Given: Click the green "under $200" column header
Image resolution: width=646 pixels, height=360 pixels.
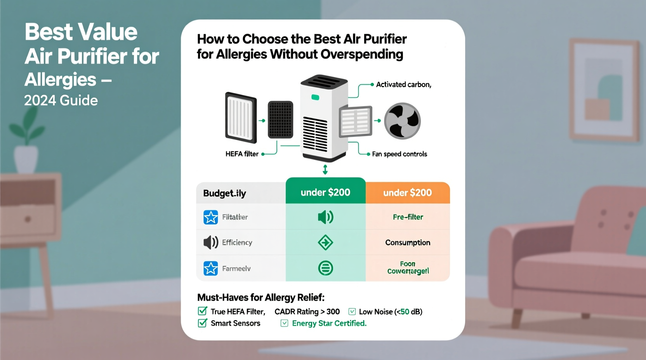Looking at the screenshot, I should [325, 192].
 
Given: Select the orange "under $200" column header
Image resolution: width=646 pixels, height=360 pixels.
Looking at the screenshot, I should [407, 193].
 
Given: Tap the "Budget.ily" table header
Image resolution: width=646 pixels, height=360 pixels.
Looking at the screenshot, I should [224, 193].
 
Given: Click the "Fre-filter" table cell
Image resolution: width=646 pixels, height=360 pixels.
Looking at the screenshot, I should [408, 217].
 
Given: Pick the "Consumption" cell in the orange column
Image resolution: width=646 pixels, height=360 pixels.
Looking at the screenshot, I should [408, 243].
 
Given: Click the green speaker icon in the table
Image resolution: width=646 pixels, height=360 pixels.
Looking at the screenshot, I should [325, 217].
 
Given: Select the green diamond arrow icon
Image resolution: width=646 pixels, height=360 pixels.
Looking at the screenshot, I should [325, 243].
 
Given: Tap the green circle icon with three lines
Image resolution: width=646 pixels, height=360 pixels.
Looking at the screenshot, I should [325, 268].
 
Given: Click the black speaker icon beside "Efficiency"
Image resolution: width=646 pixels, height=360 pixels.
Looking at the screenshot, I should [211, 242].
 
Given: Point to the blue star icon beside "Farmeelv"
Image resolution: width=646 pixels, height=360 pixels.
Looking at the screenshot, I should [211, 268].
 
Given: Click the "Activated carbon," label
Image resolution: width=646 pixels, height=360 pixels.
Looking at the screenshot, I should [403, 85].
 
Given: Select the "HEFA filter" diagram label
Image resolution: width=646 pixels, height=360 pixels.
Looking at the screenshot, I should [242, 154].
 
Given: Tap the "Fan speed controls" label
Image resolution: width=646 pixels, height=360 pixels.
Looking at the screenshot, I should [399, 154].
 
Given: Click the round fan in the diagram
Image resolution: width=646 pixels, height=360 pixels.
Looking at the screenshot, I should [402, 121].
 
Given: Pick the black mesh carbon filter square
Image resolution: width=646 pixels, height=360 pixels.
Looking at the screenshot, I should [280, 119].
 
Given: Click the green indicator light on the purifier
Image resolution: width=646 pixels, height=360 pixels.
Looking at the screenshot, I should [315, 97].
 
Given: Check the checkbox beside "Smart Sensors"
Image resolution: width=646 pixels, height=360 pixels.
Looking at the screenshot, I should [202, 323].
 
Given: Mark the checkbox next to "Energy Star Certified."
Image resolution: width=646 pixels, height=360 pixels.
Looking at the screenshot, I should [284, 323].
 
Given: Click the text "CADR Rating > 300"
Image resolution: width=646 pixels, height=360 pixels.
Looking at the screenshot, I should [307, 312].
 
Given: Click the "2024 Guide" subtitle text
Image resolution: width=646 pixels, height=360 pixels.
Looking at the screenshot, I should [61, 100].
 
